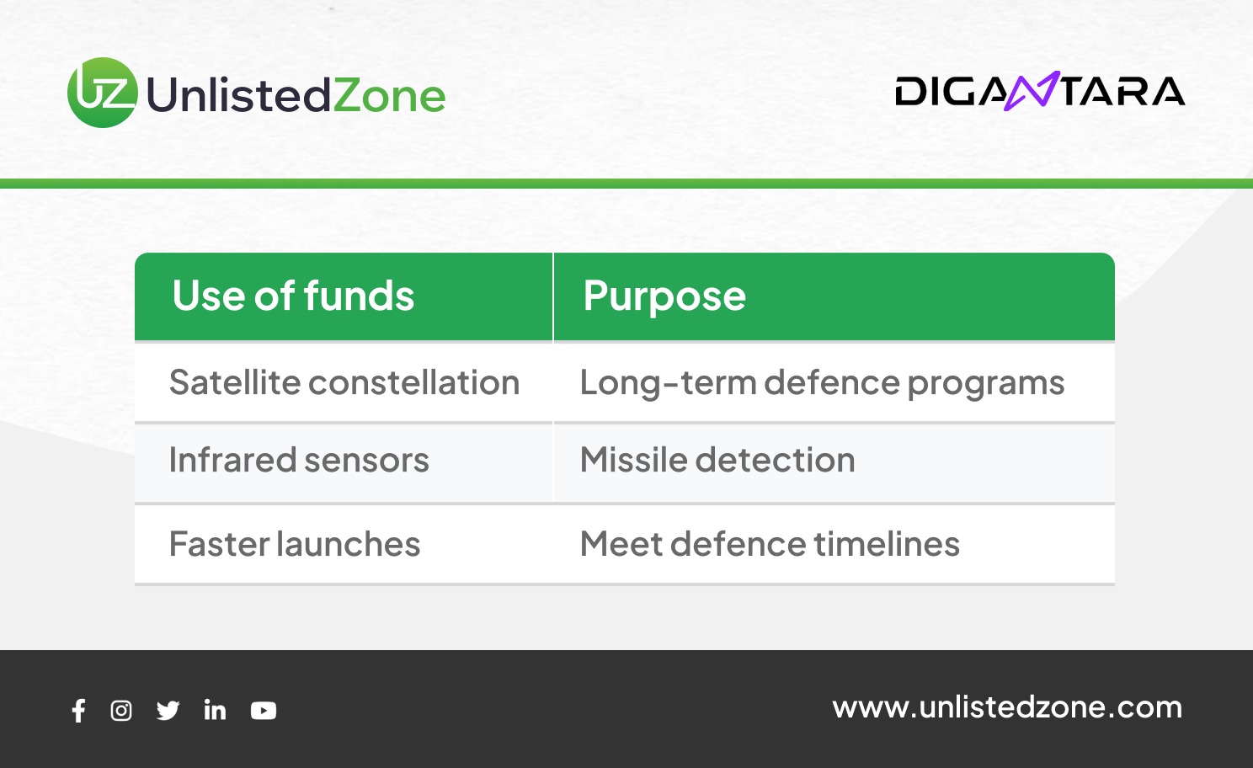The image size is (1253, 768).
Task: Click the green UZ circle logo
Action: (x=103, y=93)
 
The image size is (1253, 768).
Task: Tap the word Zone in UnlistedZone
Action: (x=389, y=95)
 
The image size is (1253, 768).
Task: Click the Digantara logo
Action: (x=1040, y=91)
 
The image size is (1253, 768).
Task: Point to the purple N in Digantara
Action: (x=1032, y=91)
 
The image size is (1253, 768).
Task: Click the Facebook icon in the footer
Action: (x=79, y=711)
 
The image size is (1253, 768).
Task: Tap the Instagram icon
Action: (x=121, y=711)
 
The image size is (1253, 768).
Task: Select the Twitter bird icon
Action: (x=168, y=711)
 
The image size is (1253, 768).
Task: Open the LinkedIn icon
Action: (x=215, y=710)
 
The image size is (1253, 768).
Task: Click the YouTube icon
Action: (x=264, y=711)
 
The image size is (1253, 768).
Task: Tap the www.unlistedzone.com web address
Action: (x=1007, y=707)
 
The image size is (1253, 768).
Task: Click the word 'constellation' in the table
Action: (x=414, y=382)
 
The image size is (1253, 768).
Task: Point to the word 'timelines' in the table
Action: (x=887, y=544)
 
